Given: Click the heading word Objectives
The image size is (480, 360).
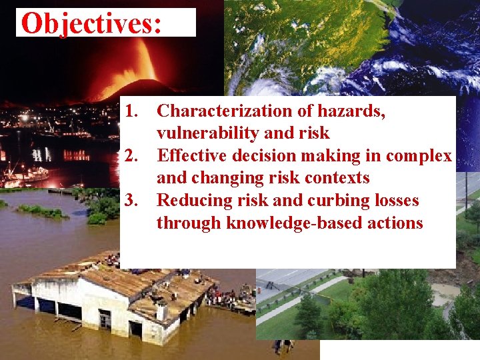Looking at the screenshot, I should (91, 23).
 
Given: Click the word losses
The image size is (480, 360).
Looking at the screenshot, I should (395, 201).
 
